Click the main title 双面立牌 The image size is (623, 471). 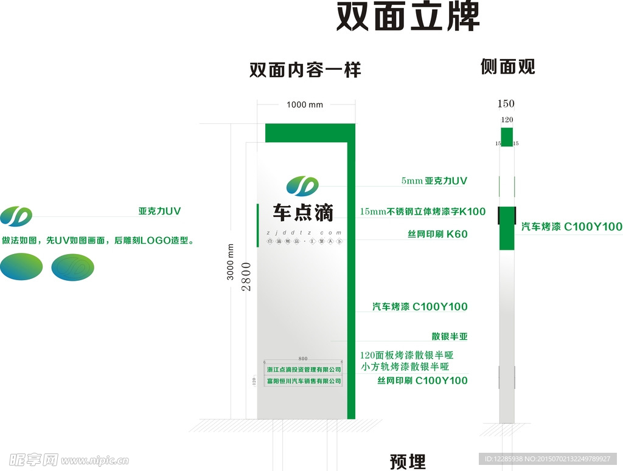coord(408,17)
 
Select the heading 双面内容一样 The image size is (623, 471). coord(305,70)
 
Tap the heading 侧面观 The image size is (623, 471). coord(507,66)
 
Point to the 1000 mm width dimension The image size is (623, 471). coord(305,105)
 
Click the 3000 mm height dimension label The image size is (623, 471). coord(230,262)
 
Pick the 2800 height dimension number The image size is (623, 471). coord(246,277)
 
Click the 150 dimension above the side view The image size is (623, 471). coord(506,103)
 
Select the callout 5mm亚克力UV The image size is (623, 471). coord(434,180)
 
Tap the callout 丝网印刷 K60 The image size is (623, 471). coord(437,234)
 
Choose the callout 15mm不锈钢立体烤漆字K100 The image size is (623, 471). coord(423,211)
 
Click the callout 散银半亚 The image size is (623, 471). coord(450,336)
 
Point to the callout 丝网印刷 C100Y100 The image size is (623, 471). coord(422,380)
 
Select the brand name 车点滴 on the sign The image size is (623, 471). coord(303,212)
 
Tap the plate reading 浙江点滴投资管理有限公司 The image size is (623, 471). coord(304,370)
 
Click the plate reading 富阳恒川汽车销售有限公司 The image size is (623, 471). coord(304,381)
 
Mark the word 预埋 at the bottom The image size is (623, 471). coord(408,462)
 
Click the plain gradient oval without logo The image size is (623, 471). coord(22,267)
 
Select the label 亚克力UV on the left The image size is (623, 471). coord(159,211)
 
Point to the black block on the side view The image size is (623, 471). coord(506,215)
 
